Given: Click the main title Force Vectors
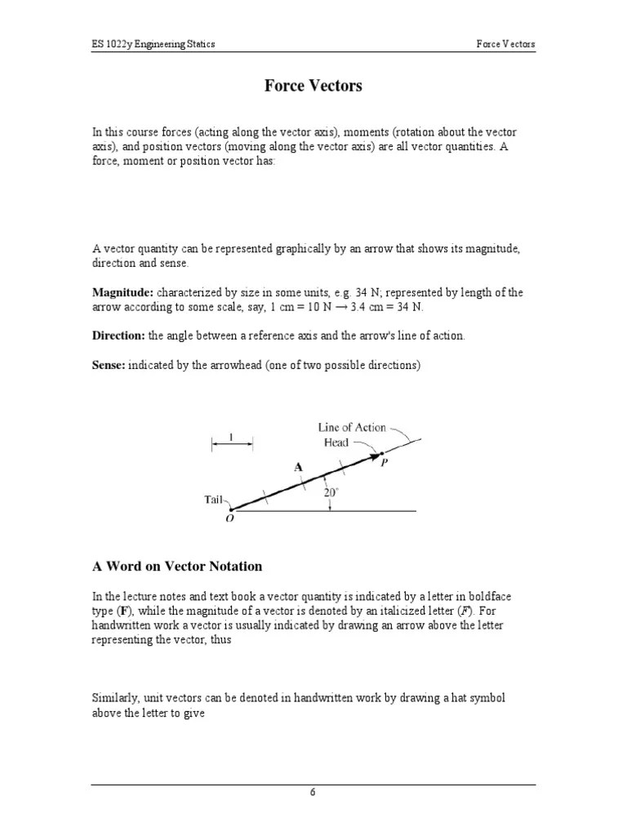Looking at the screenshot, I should click(313, 86).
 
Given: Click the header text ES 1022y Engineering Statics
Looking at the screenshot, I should click(153, 43).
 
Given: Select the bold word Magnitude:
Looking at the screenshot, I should click(122, 292).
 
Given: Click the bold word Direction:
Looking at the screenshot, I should click(118, 336).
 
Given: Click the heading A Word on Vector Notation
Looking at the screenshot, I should click(176, 566).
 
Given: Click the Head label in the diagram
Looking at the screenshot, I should click(336, 442).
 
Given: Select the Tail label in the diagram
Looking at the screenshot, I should click(214, 499).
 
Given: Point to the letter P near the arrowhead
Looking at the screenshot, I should click(384, 461).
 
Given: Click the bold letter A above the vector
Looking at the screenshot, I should click(298, 466).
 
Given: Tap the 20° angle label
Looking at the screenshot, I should click(330, 492).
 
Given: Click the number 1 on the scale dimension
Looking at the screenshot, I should click(232, 437).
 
